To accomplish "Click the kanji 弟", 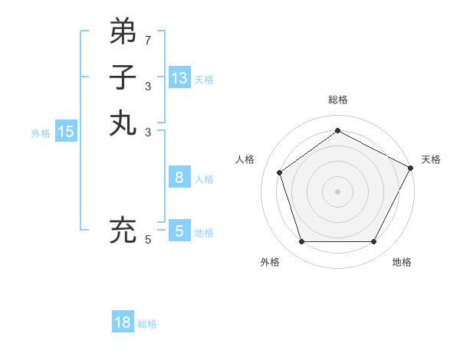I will [x=123, y=31].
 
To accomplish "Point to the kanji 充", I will [x=123, y=231].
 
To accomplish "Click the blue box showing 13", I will [x=179, y=77].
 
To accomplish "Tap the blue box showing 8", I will [x=179, y=178].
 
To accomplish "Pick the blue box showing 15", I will [x=66, y=132].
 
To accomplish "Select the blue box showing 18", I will [x=123, y=322].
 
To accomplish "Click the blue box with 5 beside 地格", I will [x=179, y=231].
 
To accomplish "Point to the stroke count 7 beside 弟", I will [x=148, y=39].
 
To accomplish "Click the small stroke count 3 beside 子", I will [x=148, y=86].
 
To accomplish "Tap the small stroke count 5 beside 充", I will [x=148, y=240].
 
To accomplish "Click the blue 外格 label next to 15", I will [x=41, y=133].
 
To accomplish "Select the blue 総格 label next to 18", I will [x=147, y=324].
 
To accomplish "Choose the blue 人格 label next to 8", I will [x=204, y=179].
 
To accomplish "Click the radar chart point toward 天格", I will [x=411, y=167].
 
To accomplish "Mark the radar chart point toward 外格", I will [x=301, y=242].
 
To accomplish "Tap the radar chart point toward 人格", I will [x=280, y=172].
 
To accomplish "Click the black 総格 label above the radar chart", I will [x=338, y=100].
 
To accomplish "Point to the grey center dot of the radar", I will [x=338, y=191].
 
